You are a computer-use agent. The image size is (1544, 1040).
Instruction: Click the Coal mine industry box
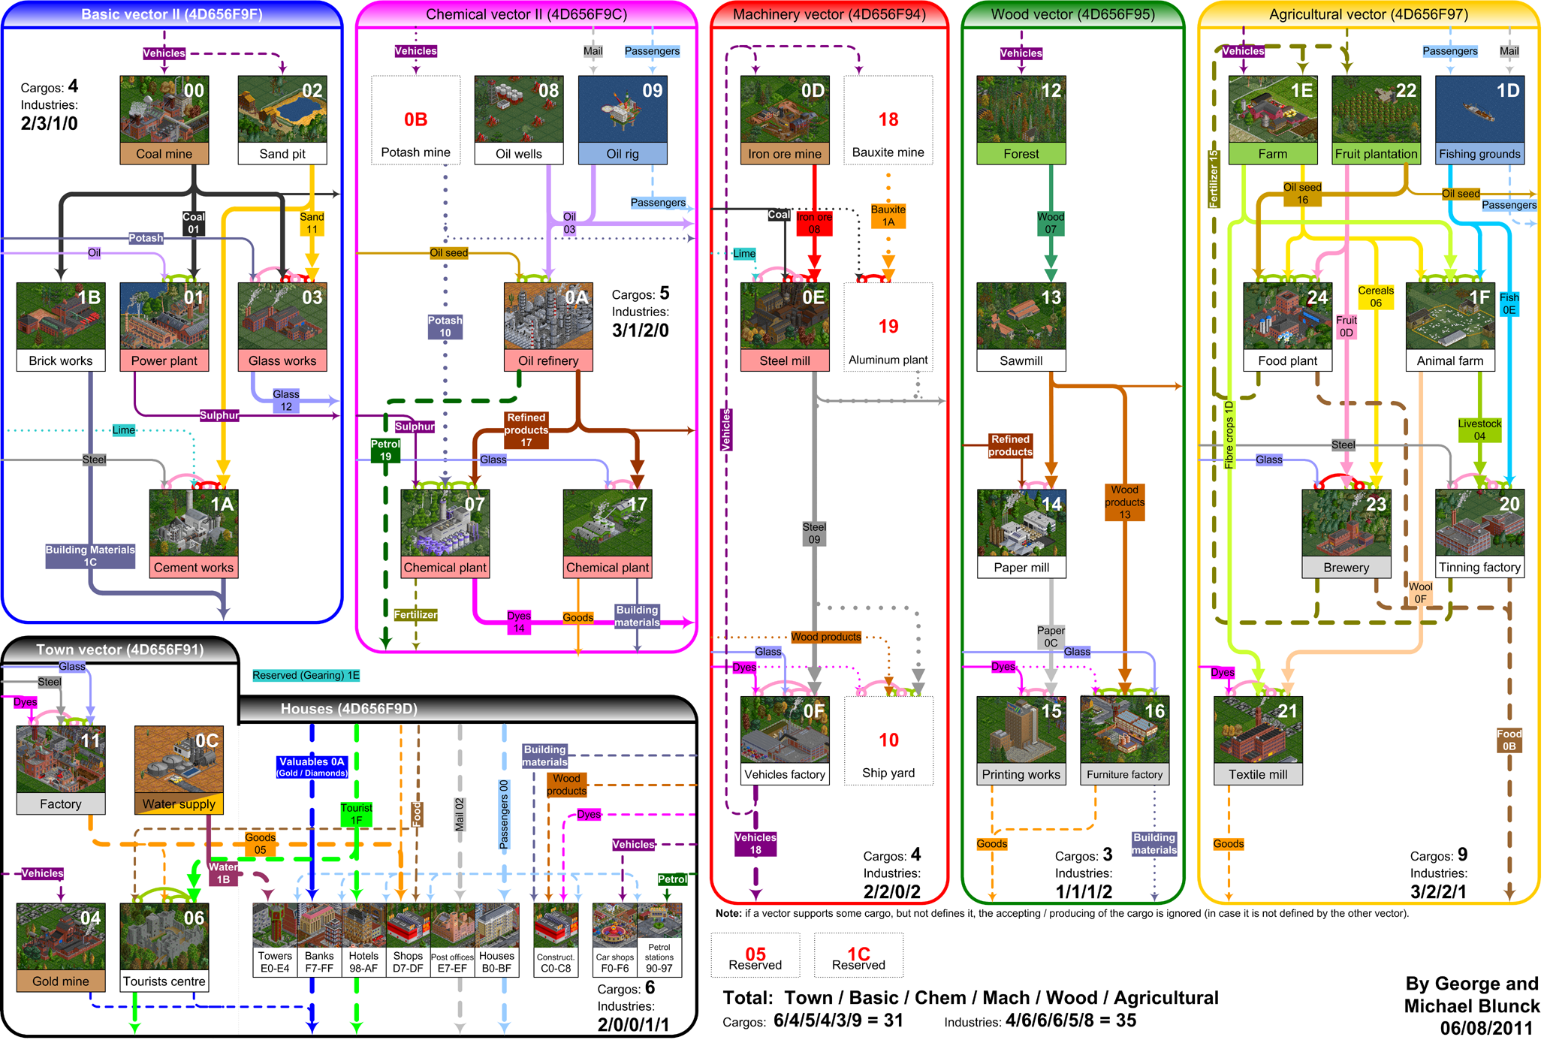click(164, 120)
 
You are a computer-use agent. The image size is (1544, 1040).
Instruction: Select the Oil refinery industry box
click(548, 327)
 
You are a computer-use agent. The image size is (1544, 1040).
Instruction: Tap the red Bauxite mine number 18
click(888, 119)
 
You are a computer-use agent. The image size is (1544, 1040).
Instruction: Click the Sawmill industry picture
click(1021, 316)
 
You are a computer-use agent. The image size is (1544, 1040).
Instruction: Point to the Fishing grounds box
click(1479, 120)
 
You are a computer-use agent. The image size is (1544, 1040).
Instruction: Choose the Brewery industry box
click(1346, 534)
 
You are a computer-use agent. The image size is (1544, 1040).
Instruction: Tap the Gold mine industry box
click(61, 948)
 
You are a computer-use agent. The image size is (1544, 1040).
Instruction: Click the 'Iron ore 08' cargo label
click(814, 223)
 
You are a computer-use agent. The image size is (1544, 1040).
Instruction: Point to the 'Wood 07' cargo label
click(1051, 223)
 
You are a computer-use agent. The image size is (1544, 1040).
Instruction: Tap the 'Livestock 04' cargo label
click(1479, 430)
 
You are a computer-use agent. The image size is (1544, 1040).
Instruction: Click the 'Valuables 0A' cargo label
click(312, 767)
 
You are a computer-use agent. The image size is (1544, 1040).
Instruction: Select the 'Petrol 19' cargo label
click(385, 450)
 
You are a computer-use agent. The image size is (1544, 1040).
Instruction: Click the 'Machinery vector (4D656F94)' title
click(829, 14)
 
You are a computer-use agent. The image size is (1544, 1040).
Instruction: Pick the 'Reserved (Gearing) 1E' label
click(306, 675)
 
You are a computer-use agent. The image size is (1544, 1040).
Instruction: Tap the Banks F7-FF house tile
click(319, 939)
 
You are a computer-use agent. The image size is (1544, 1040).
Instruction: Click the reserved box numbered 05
click(755, 955)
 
